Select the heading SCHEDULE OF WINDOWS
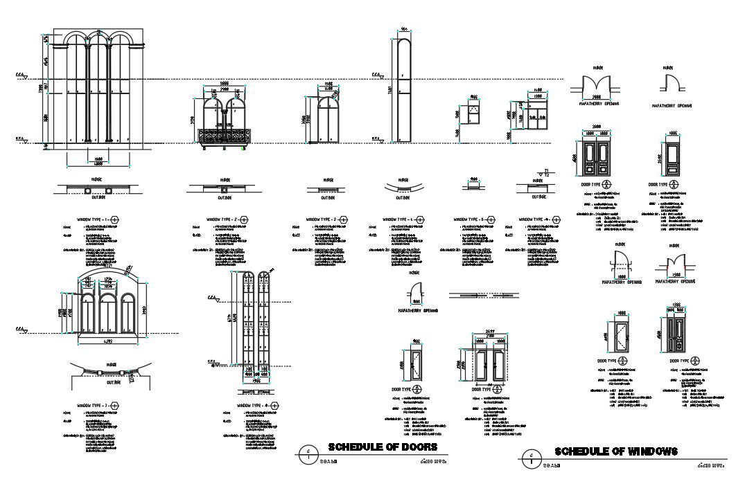[616, 451]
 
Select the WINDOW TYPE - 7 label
[96, 405]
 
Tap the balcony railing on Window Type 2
[224, 136]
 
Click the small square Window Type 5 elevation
[474, 113]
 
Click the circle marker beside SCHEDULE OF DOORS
[307, 453]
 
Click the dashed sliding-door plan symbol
[481, 295]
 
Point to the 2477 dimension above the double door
[491, 334]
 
